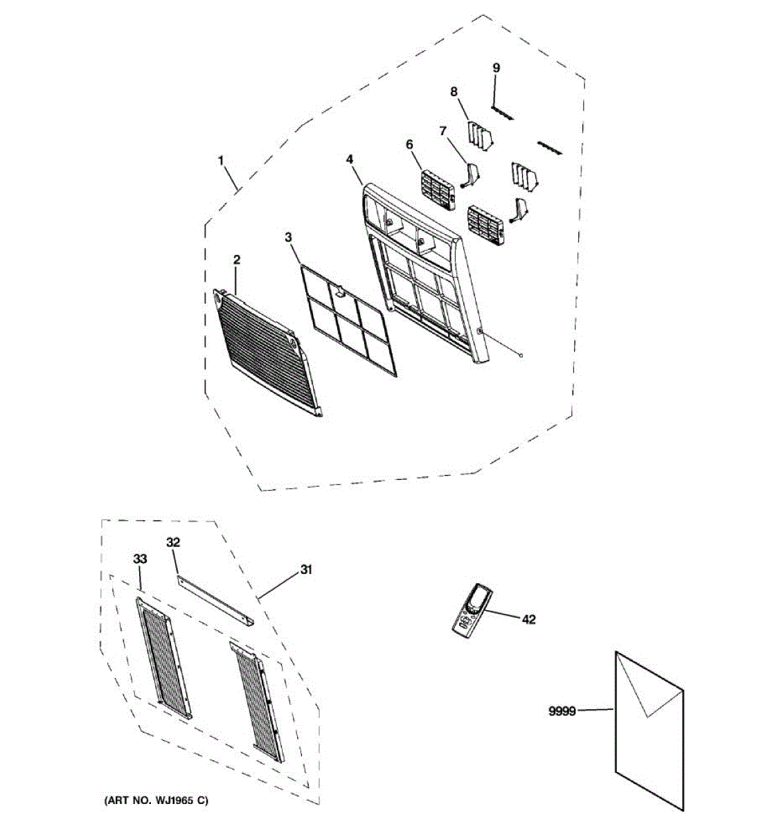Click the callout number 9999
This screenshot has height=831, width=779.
click(562, 711)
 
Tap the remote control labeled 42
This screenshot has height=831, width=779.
click(471, 610)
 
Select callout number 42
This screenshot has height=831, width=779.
click(528, 620)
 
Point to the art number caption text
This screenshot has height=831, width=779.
click(156, 801)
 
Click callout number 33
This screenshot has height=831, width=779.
click(141, 559)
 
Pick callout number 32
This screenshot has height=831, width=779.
click(173, 542)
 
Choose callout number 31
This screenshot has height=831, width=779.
click(305, 570)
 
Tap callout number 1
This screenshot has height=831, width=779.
click(221, 160)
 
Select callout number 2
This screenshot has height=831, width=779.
click(236, 260)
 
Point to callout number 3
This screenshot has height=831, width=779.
click(288, 238)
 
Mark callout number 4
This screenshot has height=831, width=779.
click(350, 159)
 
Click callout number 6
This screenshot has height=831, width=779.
click(409, 144)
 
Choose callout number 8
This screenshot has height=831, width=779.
click(454, 91)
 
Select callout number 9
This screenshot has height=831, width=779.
click(496, 67)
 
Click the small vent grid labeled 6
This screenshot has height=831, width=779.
click(438, 189)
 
